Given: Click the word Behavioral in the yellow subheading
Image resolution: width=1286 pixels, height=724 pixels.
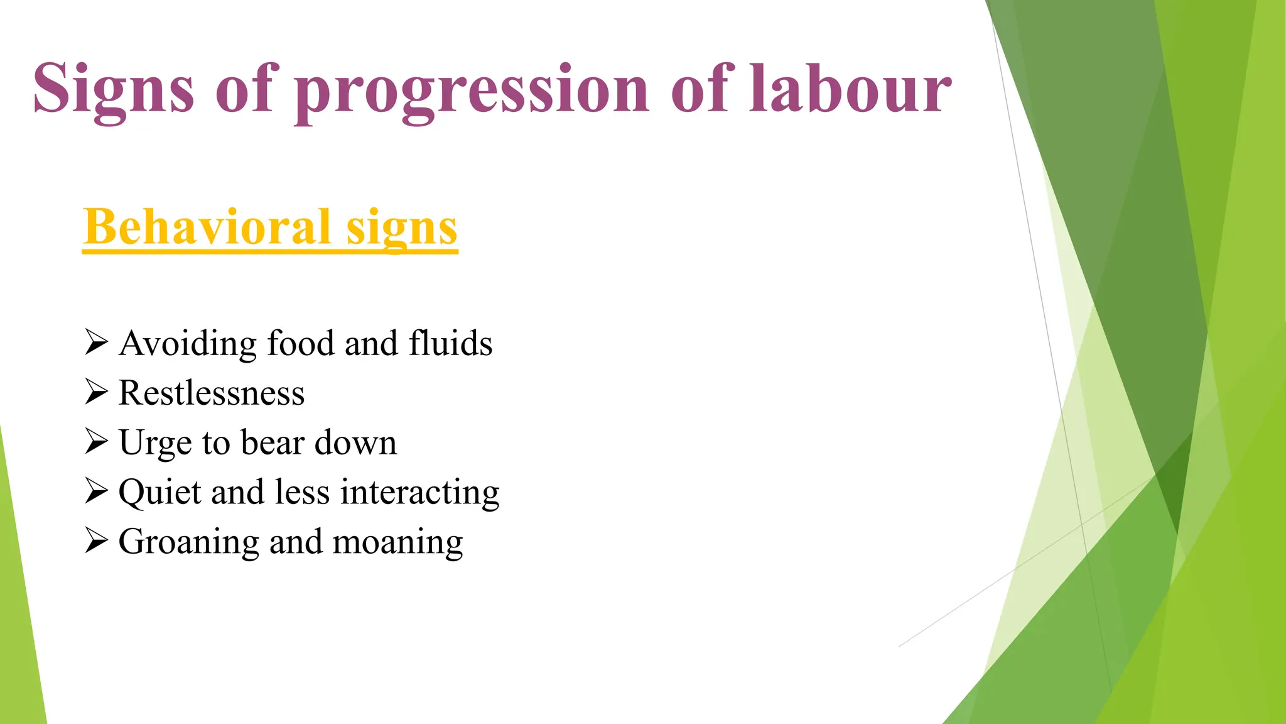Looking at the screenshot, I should [x=207, y=228].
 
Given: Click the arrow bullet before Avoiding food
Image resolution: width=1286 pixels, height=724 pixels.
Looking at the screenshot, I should [x=97, y=343].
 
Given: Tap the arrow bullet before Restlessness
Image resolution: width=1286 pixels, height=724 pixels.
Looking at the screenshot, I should [x=97, y=393].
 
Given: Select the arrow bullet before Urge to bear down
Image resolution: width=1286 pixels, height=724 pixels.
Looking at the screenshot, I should [x=97, y=442].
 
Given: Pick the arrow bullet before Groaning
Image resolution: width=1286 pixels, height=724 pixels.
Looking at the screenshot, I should [x=97, y=541].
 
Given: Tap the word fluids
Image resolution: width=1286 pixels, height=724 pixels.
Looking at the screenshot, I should [x=450, y=343].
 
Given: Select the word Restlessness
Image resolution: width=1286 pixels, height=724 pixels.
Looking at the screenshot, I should [x=212, y=393].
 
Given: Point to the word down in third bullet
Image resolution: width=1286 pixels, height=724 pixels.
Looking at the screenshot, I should [x=355, y=442].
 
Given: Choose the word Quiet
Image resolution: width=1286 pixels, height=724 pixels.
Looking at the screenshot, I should [x=159, y=493].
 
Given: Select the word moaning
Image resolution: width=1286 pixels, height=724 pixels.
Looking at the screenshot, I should [x=397, y=542].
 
